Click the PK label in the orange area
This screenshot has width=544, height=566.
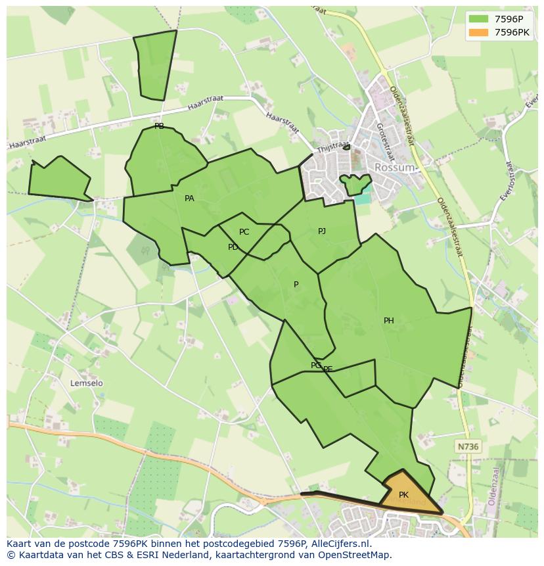point(403,495)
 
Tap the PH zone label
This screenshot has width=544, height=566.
point(389,321)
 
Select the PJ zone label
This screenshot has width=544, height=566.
point(322,231)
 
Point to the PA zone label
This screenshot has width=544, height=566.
point(189,199)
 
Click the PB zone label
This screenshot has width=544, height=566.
point(159,126)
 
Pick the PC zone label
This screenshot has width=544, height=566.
point(244,232)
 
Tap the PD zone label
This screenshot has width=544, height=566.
point(233,247)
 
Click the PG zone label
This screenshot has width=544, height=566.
point(315,366)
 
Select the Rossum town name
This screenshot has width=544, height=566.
point(394,168)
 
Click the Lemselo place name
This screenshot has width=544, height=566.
point(87,383)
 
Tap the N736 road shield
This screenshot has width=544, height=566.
point(468,446)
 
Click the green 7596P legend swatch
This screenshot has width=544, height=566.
point(478,18)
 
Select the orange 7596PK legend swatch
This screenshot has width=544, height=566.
point(478,32)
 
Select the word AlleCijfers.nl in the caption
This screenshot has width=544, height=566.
point(339,544)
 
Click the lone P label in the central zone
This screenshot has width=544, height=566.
point(296,285)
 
